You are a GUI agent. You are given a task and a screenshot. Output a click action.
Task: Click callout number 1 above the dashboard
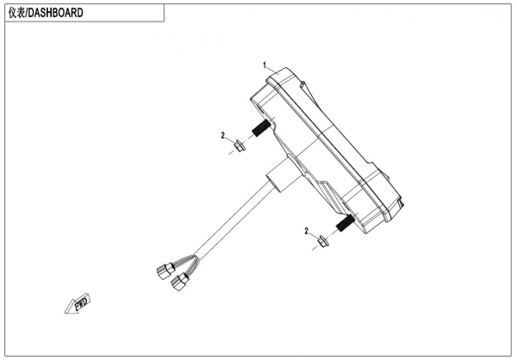point(265,65)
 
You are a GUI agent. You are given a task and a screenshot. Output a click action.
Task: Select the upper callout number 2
point(222,136)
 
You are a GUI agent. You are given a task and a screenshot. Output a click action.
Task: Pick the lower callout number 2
point(305,231)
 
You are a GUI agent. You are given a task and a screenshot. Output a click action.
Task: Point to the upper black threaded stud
point(258,132)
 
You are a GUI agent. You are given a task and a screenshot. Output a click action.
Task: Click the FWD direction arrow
point(78,304)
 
